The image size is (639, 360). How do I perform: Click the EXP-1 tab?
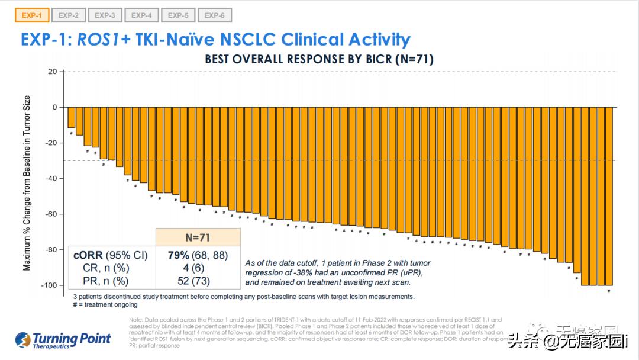(31, 15)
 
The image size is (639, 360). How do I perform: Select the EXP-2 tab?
(68, 15)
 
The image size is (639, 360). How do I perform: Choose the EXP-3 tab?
(105, 15)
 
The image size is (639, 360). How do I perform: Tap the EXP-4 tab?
(141, 15)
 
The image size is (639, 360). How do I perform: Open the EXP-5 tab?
(178, 15)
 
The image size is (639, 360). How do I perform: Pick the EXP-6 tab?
(215, 15)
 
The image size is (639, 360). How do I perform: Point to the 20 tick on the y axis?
(53, 72)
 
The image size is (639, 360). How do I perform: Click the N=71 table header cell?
(198, 237)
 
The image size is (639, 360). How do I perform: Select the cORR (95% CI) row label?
(109, 256)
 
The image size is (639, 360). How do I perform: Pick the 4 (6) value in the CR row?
(198, 268)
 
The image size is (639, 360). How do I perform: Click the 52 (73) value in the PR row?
(198, 281)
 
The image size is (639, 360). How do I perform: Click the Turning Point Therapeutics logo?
(63, 340)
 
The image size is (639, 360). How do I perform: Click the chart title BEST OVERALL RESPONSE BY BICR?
(319, 59)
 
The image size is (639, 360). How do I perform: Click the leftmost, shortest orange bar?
(72, 117)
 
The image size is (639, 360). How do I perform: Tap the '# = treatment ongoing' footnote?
(105, 304)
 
